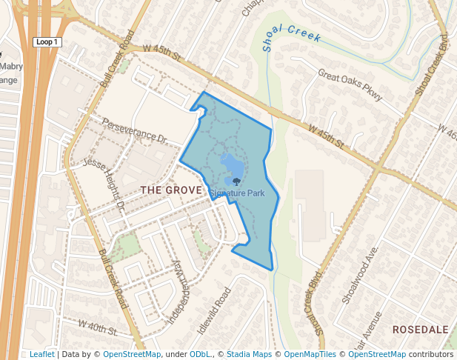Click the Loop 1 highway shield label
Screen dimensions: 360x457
[47, 42]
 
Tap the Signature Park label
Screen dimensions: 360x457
[237, 193]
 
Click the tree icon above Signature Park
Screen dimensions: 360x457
[236, 181]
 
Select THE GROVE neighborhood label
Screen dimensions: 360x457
[171, 190]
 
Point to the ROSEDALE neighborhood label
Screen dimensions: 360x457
[420, 329]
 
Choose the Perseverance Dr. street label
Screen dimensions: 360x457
[136, 130]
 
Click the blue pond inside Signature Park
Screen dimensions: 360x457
[230, 164]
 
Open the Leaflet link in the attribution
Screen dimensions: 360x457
[43, 354]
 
